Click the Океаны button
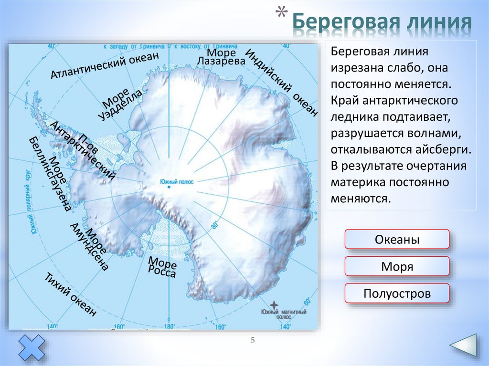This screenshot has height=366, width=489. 397,239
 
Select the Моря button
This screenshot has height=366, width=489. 397,266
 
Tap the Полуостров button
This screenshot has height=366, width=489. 397,293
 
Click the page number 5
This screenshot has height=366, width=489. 254,340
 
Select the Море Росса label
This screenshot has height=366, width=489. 163,267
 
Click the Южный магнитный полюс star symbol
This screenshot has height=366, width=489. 274,304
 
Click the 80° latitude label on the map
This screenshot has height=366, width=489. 214,224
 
